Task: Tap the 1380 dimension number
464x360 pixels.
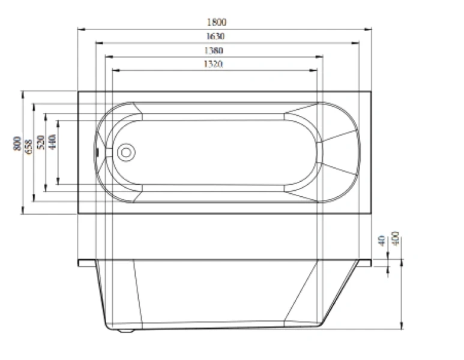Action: click(x=214, y=50)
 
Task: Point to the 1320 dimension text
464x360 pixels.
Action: click(x=214, y=64)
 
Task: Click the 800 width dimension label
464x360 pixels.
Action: click(x=18, y=143)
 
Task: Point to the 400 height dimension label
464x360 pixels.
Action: click(x=396, y=238)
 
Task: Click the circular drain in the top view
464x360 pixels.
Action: click(x=126, y=152)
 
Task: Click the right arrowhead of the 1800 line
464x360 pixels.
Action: click(x=370, y=28)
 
